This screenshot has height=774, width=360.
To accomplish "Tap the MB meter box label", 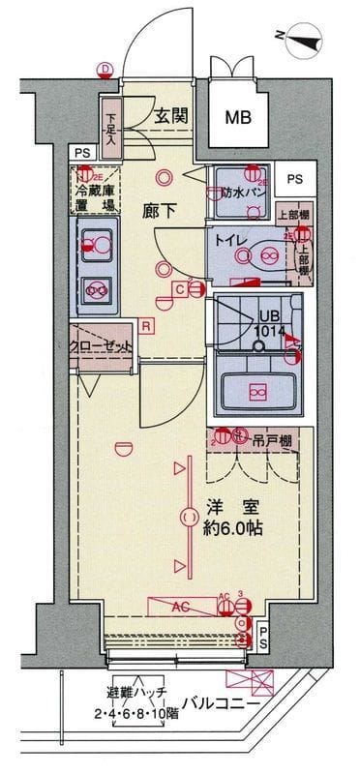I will (237, 118).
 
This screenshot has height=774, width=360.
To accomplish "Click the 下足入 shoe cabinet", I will (111, 125).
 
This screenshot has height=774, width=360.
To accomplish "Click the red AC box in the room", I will (181, 607).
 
